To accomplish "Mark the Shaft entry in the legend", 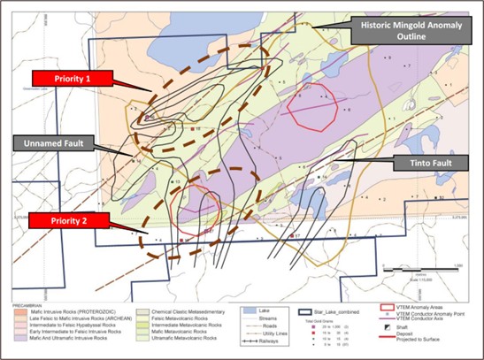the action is coord(411,326).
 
